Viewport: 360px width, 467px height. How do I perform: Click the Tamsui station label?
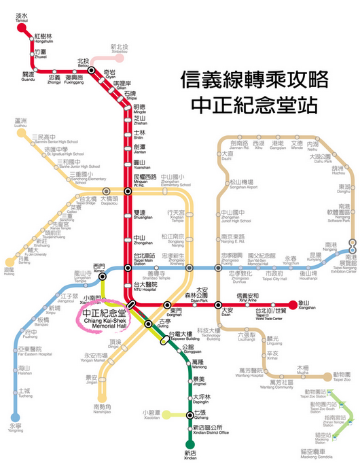22,16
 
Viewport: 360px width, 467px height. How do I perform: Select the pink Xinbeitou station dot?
119,57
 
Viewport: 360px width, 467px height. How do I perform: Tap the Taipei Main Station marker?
128,268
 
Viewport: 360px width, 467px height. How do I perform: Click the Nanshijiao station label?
103,405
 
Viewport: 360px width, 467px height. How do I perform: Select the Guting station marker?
148,324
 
